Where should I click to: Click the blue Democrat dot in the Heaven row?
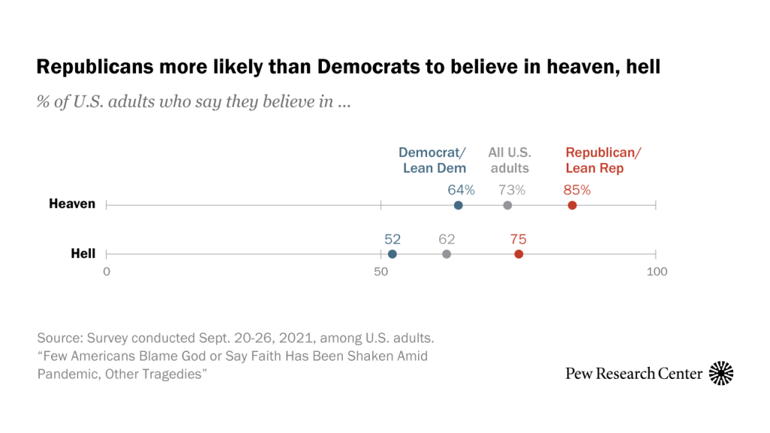[459, 205]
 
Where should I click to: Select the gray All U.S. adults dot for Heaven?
[508, 205]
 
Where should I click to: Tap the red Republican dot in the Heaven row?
[572, 205]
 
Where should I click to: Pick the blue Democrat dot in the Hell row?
[393, 254]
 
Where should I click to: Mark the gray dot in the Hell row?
[447, 254]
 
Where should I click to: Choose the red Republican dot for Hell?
[519, 254]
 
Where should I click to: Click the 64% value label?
[461, 190]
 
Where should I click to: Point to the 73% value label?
[510, 190]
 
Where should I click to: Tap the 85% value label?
[577, 190]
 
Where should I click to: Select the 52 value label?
[393, 240]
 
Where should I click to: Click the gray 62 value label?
[447, 240]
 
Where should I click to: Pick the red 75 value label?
[518, 240]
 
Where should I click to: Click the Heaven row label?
[72, 204]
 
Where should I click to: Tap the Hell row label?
[83, 253]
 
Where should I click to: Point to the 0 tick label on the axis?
[107, 271]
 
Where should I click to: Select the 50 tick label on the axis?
[381, 271]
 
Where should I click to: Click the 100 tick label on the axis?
[656, 271]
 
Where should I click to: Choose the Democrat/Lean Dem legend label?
[434, 160]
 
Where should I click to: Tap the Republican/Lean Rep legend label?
[603, 160]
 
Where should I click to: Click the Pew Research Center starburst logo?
[721, 373]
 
